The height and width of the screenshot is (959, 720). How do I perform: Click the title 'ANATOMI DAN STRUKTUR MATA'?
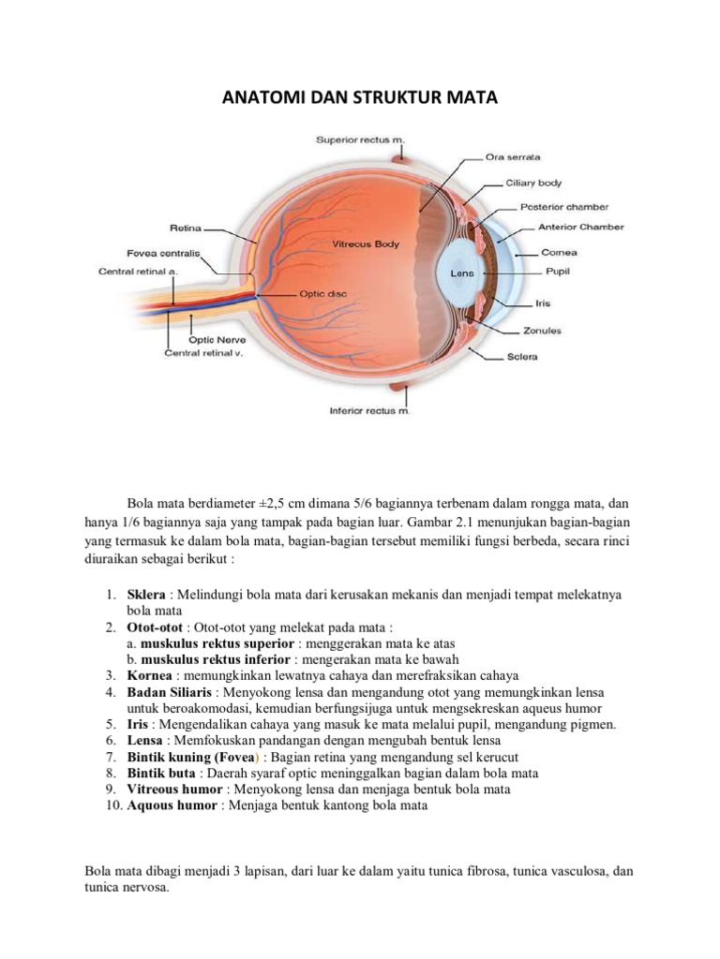(359, 98)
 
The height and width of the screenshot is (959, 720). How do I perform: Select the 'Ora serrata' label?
(512, 156)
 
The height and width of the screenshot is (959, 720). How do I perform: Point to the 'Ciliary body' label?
(534, 183)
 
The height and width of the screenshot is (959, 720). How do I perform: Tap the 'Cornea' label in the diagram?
(560, 252)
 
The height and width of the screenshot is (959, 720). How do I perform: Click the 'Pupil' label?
(557, 272)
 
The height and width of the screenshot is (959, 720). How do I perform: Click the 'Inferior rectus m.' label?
(369, 410)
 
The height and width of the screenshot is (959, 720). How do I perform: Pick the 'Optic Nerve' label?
(217, 339)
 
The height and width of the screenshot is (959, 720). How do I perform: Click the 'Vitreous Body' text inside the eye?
(365, 243)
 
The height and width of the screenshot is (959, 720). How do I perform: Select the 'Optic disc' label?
(323, 293)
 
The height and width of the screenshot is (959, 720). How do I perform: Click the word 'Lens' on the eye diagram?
(463, 273)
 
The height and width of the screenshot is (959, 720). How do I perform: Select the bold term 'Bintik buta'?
(161, 774)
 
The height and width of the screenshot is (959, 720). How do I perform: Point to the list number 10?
(112, 805)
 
